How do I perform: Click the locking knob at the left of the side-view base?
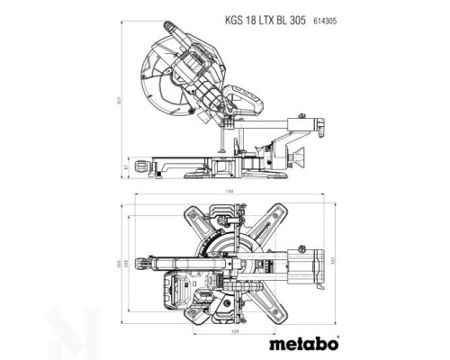(141, 166)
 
